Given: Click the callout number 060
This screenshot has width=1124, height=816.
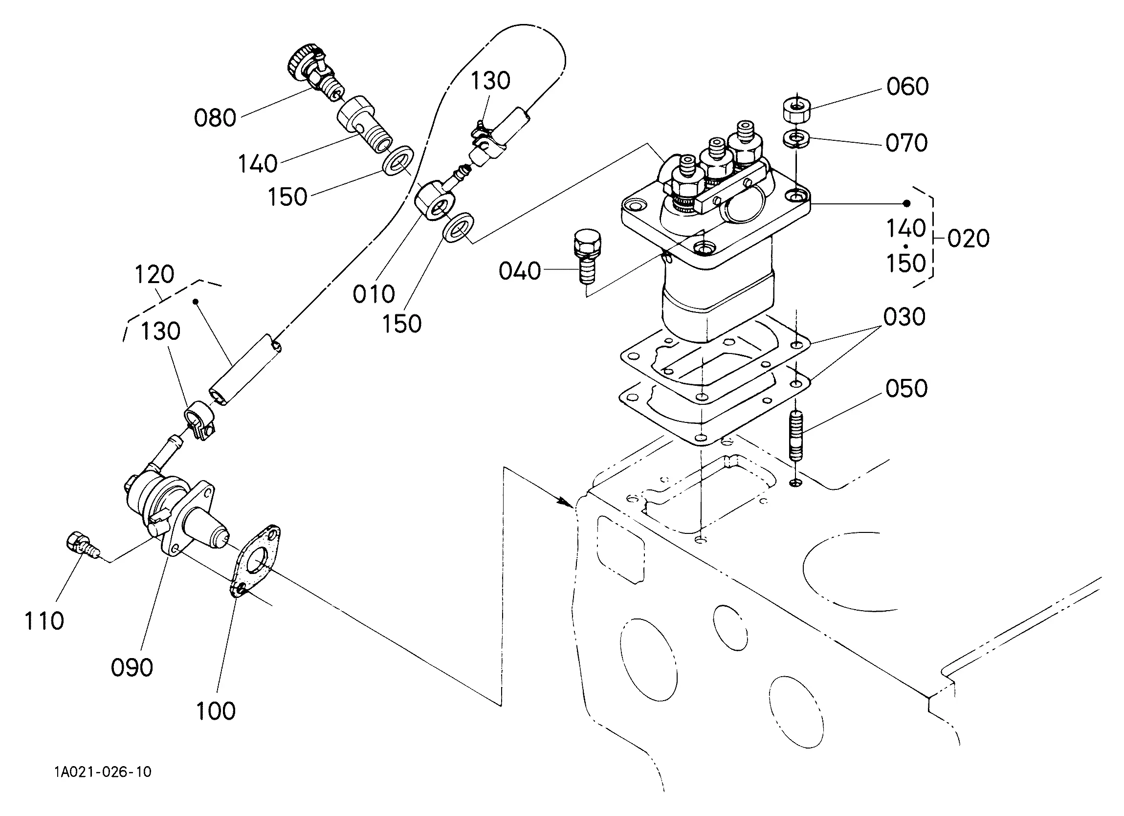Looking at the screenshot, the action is pos(907,86).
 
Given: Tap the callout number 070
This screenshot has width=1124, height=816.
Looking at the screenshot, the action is pos(906,143).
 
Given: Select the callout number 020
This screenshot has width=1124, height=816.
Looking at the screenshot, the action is pos(969,239).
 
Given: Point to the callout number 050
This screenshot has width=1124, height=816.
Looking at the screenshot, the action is pos(906,388).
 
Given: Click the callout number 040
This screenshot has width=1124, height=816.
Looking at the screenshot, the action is pos(519,271).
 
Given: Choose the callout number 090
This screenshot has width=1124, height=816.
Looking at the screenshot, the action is pos(132,668).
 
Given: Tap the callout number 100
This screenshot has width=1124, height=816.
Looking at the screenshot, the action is pos(216,711).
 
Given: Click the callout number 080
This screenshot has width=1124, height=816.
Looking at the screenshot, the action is pos(215,118).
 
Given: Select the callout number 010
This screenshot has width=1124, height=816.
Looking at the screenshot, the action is pos(374,294).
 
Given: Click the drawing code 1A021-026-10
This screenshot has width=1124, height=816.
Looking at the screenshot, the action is pos(103,772).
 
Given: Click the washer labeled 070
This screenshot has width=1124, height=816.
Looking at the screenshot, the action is pos(796,138).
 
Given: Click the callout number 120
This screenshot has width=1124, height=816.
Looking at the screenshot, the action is pos(154,275).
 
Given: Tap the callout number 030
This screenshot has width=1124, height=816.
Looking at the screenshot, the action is pos(904,317).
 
